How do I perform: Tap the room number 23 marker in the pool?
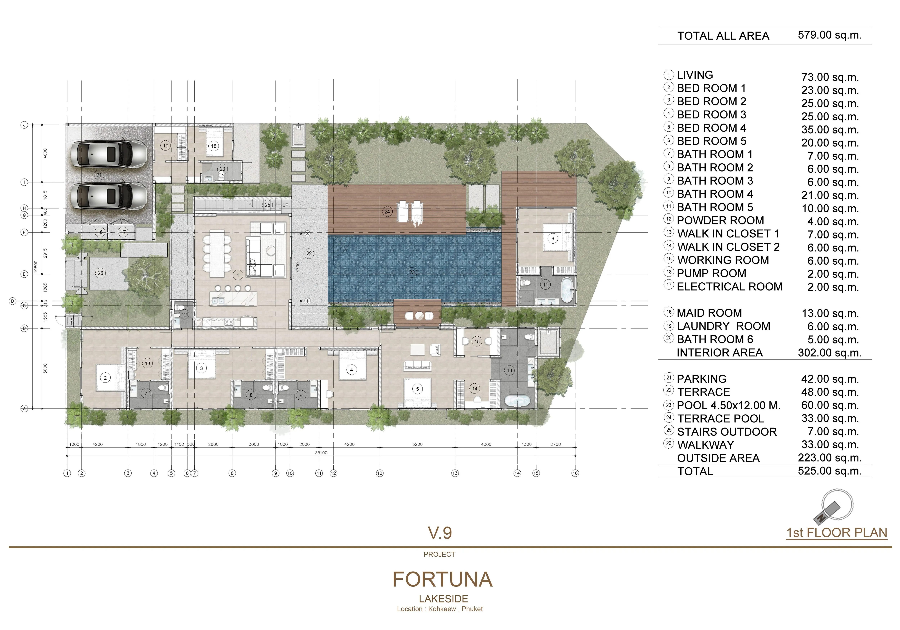click(412, 273)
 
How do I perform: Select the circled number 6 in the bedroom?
click(553, 238)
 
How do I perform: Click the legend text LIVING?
click(695, 75)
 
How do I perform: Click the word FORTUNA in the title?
click(443, 579)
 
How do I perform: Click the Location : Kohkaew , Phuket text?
click(440, 609)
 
